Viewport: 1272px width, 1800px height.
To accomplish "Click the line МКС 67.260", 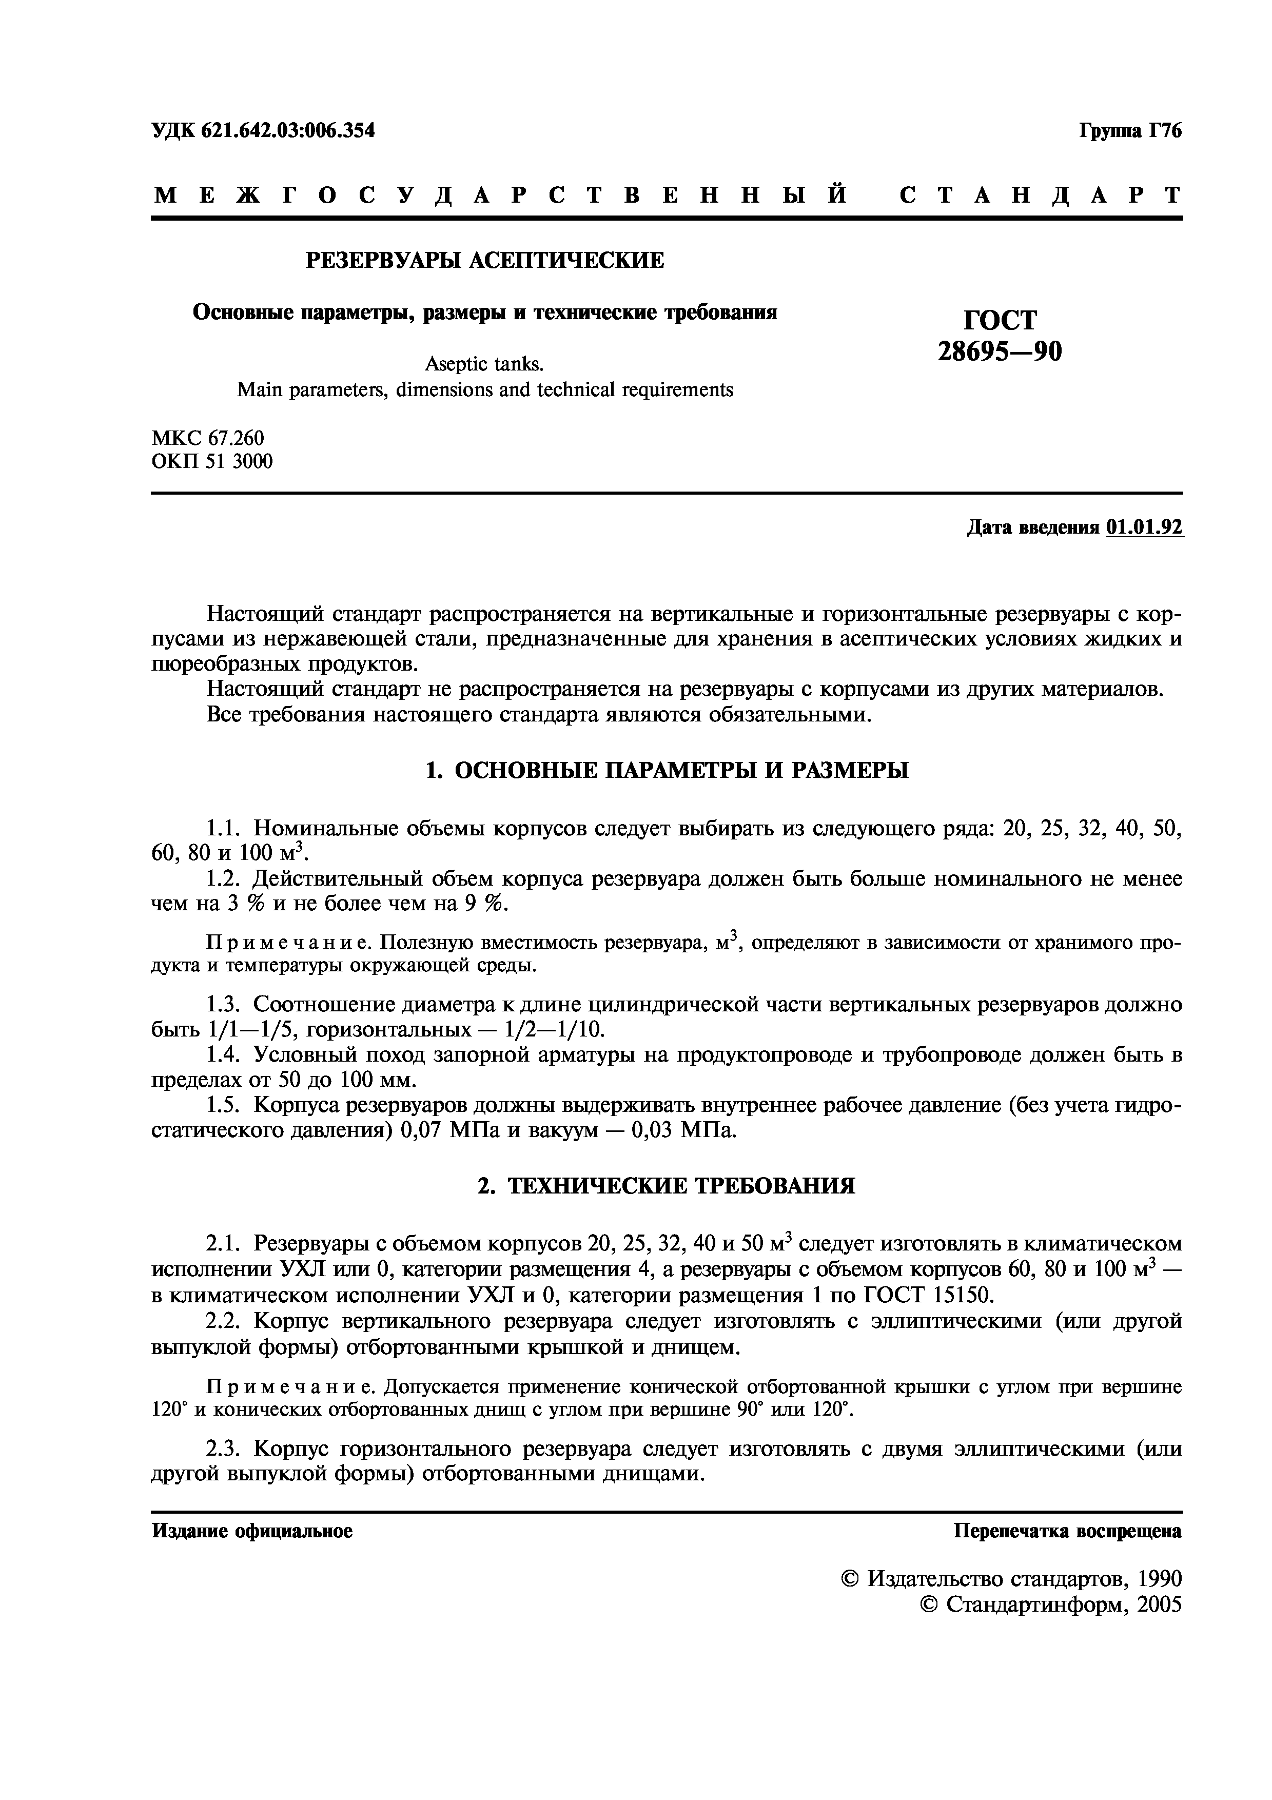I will [x=208, y=438].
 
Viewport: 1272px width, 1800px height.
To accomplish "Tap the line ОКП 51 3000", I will [x=211, y=462].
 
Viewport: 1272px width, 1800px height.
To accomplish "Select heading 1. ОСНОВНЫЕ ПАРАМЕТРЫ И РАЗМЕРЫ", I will [x=666, y=771].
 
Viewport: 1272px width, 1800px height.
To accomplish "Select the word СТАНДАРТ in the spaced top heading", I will [x=1040, y=195].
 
